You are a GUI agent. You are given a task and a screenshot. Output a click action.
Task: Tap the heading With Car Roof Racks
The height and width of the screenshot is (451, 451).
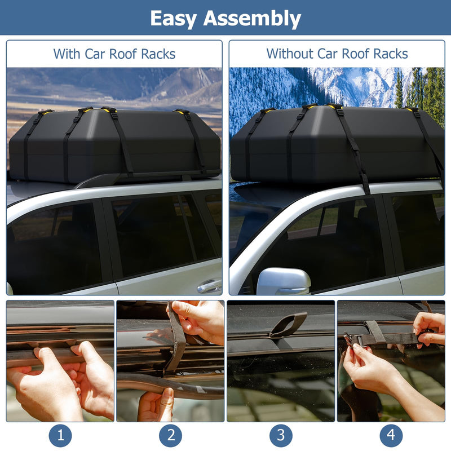click(x=114, y=54)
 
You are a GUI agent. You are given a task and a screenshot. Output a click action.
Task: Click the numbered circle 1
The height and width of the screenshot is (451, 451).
click(x=60, y=436)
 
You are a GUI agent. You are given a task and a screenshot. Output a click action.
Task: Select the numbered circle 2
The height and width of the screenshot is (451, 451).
click(x=170, y=436)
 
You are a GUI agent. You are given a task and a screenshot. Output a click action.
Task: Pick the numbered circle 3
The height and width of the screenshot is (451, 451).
click(x=281, y=436)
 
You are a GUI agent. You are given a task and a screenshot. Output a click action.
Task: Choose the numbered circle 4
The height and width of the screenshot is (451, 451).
click(x=391, y=436)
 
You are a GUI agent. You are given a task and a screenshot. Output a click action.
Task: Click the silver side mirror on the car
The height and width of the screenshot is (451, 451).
click(x=283, y=281)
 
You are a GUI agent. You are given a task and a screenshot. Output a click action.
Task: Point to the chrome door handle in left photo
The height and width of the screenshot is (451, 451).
click(x=209, y=286)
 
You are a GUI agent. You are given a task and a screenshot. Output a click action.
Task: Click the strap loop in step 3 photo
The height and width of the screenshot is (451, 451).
click(x=289, y=325)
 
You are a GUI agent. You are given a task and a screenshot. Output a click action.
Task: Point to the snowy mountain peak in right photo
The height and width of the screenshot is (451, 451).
click(x=361, y=85)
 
